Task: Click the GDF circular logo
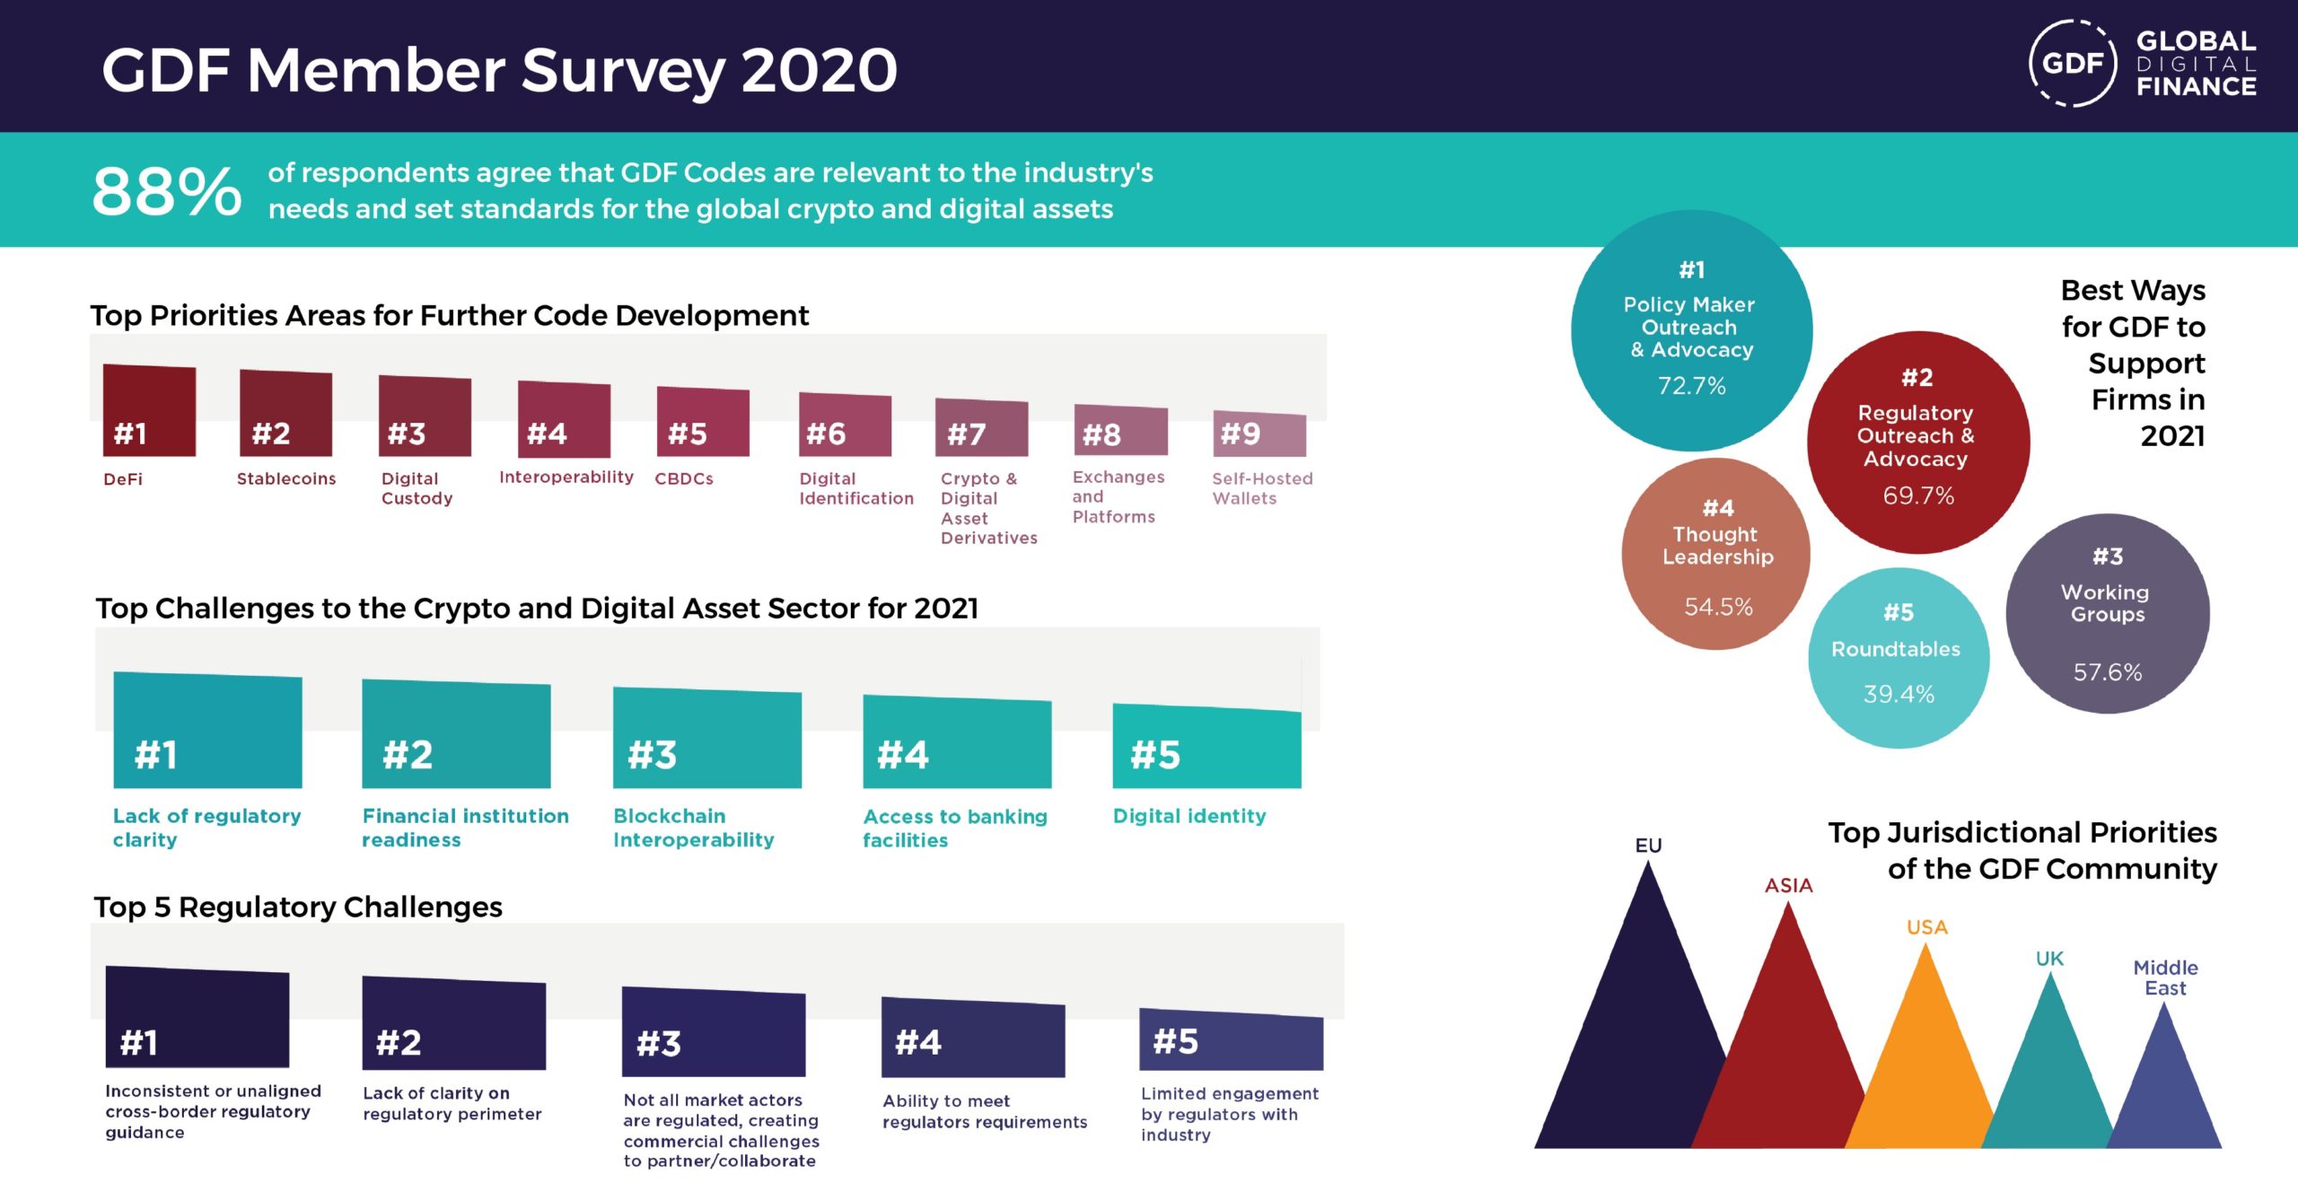click(x=2073, y=63)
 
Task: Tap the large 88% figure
click(x=167, y=191)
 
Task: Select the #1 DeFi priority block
click(x=149, y=410)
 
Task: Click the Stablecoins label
click(x=286, y=478)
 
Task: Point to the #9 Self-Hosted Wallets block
click(x=1259, y=434)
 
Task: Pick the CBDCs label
click(x=684, y=478)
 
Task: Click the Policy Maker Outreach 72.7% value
click(x=1692, y=386)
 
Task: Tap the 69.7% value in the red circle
click(x=1918, y=495)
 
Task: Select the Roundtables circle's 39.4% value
click(x=1899, y=694)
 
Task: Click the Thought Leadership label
click(x=1717, y=546)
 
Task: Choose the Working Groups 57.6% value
click(x=2108, y=672)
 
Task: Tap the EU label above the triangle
click(x=1648, y=846)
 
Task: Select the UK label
click(x=2049, y=959)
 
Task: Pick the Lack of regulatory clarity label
click(x=206, y=828)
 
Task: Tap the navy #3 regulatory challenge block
click(x=714, y=1032)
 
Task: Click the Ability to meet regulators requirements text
click(x=985, y=1111)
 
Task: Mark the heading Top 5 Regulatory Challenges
click(x=298, y=907)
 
